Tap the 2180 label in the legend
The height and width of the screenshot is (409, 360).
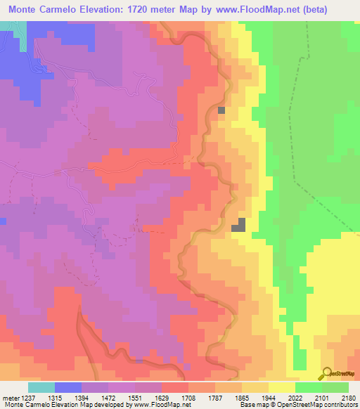pos(347,398)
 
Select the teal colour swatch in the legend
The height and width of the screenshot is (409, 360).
pos(41,387)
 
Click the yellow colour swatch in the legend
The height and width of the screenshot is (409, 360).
pos(281,387)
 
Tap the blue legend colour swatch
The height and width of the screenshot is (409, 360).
pos(68,387)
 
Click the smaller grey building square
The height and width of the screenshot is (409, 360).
pos(221,110)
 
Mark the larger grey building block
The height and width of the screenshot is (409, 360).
pos(240,225)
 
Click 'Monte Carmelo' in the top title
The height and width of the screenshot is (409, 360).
pos(43,10)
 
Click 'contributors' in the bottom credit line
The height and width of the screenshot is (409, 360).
pos(338,405)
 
